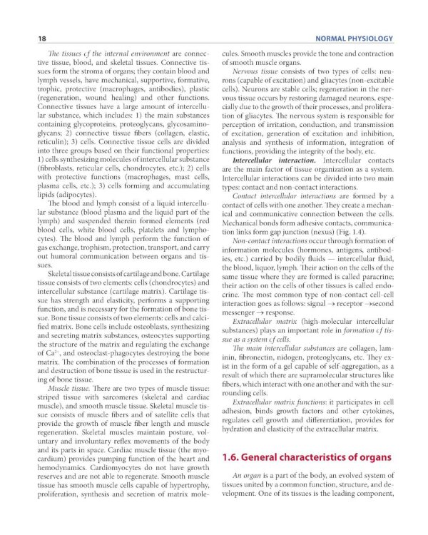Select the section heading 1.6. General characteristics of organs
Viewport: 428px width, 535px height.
tap(307, 457)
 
